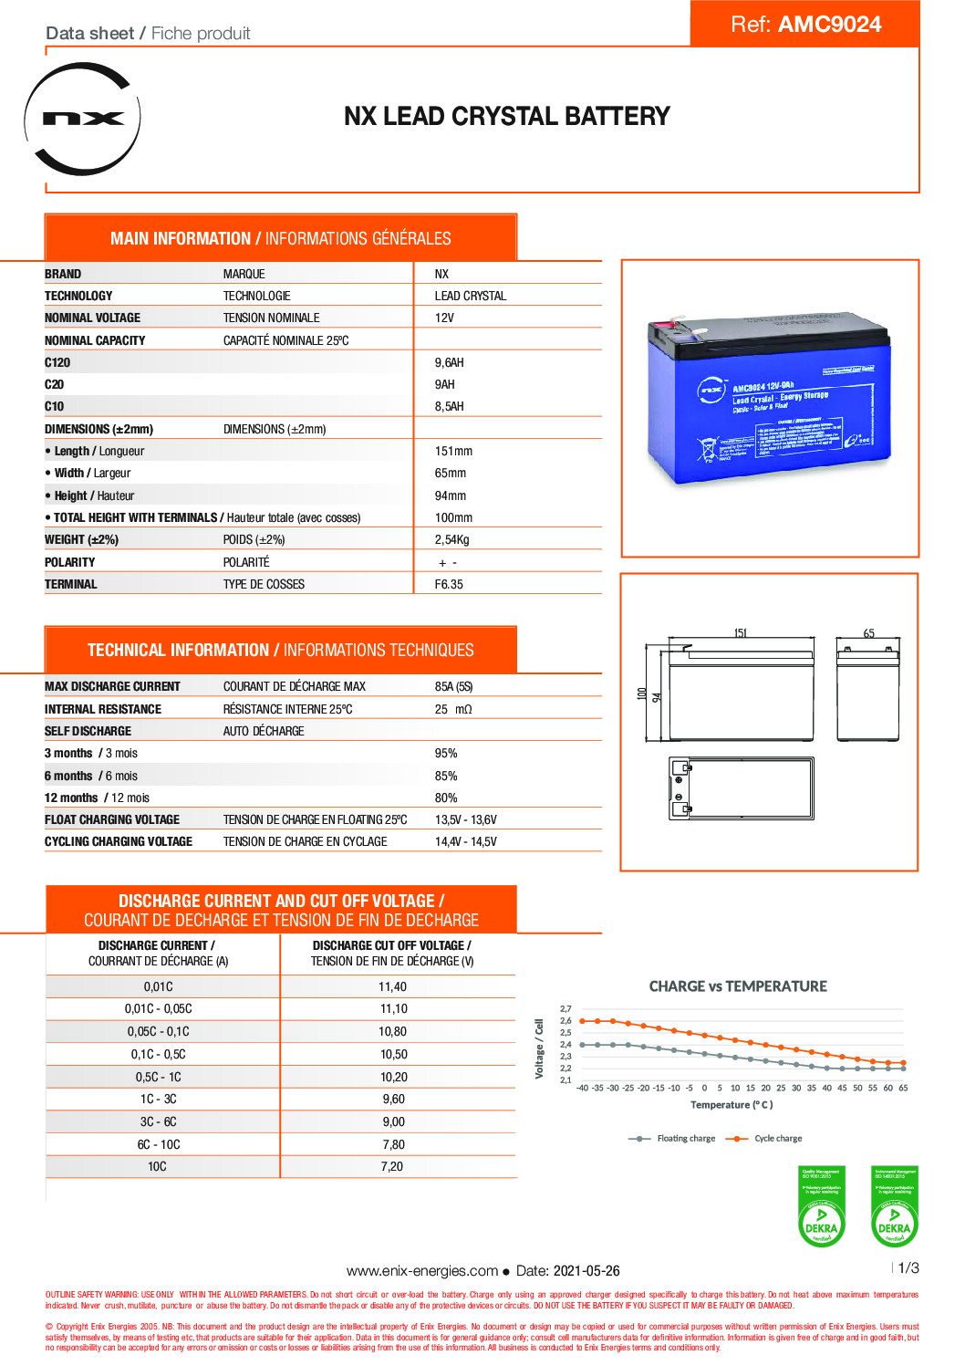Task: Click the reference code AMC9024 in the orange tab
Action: click(829, 25)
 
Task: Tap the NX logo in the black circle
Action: click(83, 119)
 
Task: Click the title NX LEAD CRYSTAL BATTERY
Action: click(506, 117)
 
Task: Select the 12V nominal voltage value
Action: click(444, 318)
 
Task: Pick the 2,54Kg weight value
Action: click(451, 539)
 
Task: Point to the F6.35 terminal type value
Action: click(449, 584)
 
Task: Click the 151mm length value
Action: click(453, 451)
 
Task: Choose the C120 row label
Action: click(57, 362)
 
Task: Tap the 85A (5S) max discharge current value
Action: click(453, 686)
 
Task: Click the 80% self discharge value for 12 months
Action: click(446, 798)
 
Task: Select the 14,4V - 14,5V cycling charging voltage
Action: click(465, 841)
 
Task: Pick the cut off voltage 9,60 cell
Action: click(393, 1099)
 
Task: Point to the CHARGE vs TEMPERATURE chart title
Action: click(738, 986)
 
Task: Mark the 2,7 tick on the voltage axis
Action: click(566, 1009)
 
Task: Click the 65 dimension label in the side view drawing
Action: click(868, 633)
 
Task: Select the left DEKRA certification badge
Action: click(821, 1206)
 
